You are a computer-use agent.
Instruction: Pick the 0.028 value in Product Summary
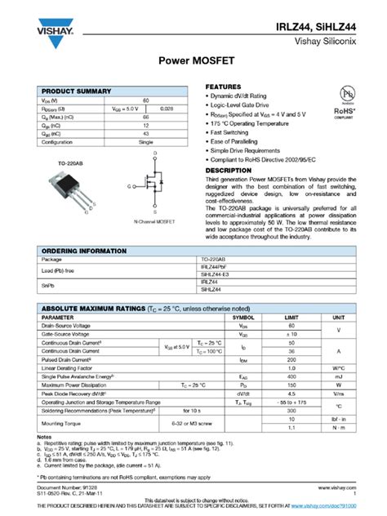167,108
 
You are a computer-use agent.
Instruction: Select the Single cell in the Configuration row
146,141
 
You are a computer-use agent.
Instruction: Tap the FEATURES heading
223,87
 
